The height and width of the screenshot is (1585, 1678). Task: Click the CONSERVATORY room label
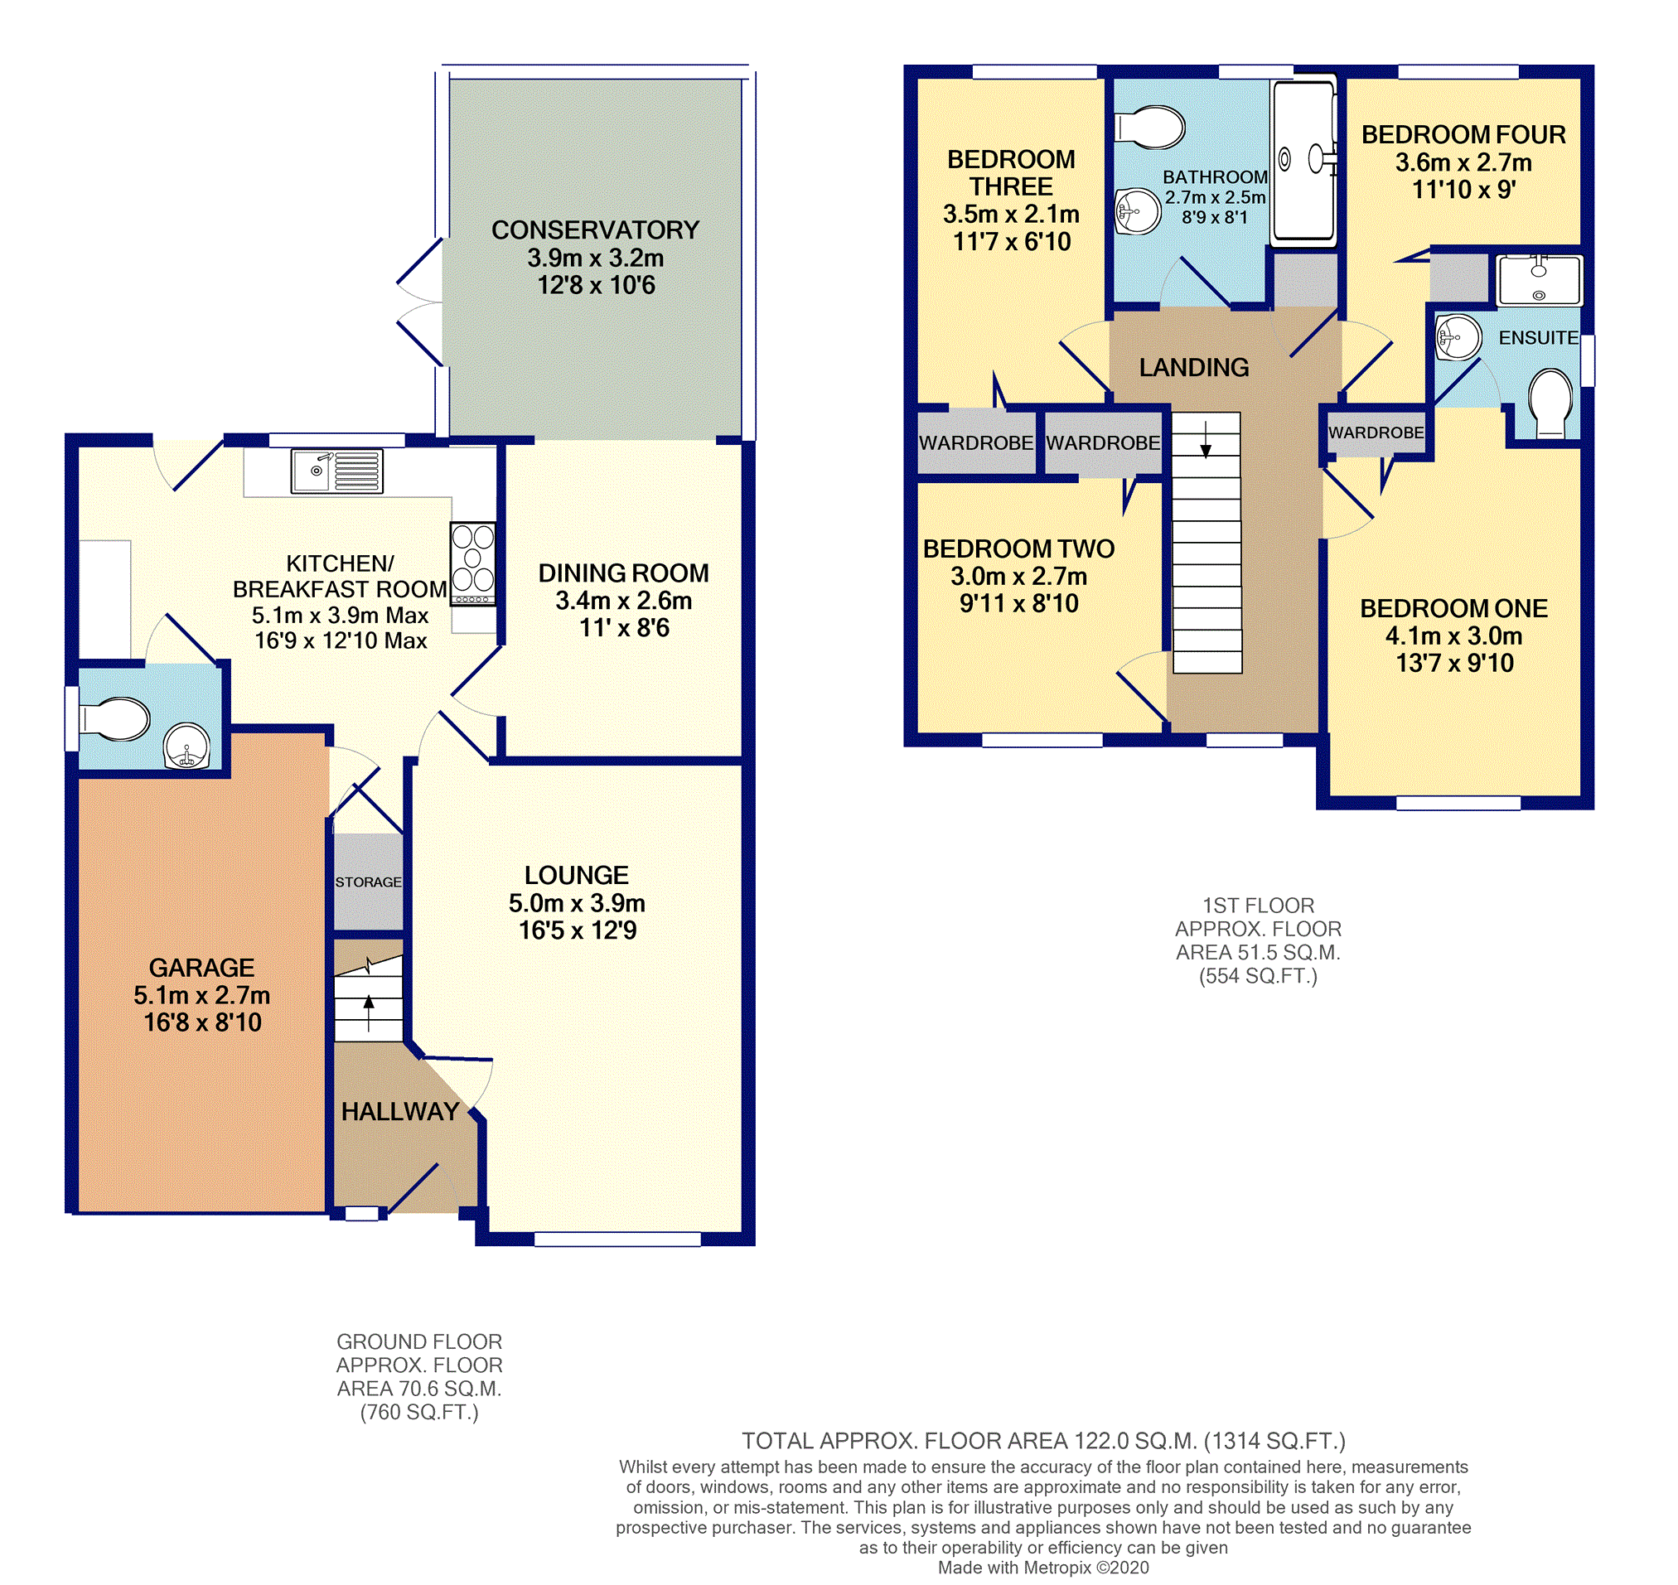[x=595, y=230]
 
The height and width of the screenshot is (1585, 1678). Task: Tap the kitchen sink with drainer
[x=336, y=471]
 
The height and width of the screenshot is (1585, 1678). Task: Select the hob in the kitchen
[x=473, y=563]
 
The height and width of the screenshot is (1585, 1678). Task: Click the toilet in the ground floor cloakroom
[x=115, y=719]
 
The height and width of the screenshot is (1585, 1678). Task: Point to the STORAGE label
[x=369, y=882]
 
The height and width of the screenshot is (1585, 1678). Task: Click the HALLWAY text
[x=399, y=1111]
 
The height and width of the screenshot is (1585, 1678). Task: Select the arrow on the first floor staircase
[x=1206, y=439]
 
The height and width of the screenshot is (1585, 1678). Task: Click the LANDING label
[x=1193, y=368]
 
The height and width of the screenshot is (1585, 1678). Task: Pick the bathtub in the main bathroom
[x=1303, y=161]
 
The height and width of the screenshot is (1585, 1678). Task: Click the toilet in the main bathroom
[x=1150, y=128]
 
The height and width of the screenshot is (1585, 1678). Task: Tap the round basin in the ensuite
[x=1458, y=338]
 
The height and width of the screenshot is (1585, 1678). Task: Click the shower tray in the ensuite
[x=1539, y=280]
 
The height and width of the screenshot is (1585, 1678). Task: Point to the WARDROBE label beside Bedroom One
[x=1376, y=432]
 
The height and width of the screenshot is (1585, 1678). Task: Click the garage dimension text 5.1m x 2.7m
[x=202, y=994]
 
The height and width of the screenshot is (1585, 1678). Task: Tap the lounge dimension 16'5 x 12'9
[x=577, y=930]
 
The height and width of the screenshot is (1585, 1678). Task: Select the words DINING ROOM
[x=623, y=573]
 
